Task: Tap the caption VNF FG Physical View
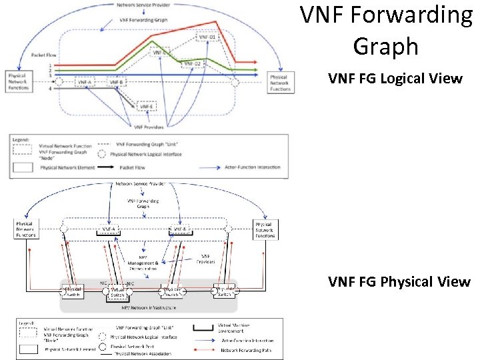(x=399, y=282)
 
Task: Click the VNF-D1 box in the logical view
(x=207, y=37)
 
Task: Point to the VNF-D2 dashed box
(x=193, y=64)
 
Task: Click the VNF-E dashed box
(x=147, y=106)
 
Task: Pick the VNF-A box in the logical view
(x=85, y=82)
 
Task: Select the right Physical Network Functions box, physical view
(x=264, y=229)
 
